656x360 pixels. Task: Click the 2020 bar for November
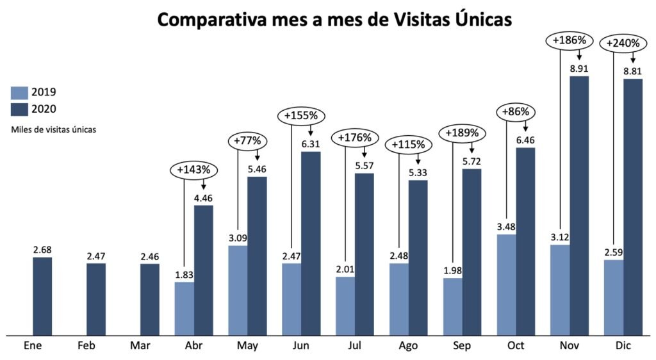[x=579, y=205]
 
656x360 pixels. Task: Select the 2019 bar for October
[x=507, y=284]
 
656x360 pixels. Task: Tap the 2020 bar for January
[x=42, y=296]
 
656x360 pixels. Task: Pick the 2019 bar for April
[x=184, y=308]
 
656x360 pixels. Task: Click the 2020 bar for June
[x=311, y=243]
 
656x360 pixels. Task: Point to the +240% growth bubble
[x=620, y=44]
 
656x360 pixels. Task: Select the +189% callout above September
[x=459, y=133]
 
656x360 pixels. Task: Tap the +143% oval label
[x=194, y=170]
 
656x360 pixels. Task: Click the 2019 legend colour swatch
[x=19, y=92]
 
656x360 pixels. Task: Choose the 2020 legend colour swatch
[x=19, y=108]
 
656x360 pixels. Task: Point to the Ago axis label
[x=408, y=346]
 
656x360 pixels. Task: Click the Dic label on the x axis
[x=623, y=346]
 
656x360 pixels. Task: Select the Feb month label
[x=86, y=346]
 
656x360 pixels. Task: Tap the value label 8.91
[x=579, y=67]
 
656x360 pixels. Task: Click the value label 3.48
[x=506, y=227]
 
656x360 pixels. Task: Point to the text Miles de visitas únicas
[x=53, y=129]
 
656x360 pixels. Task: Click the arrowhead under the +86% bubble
[x=525, y=129]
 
